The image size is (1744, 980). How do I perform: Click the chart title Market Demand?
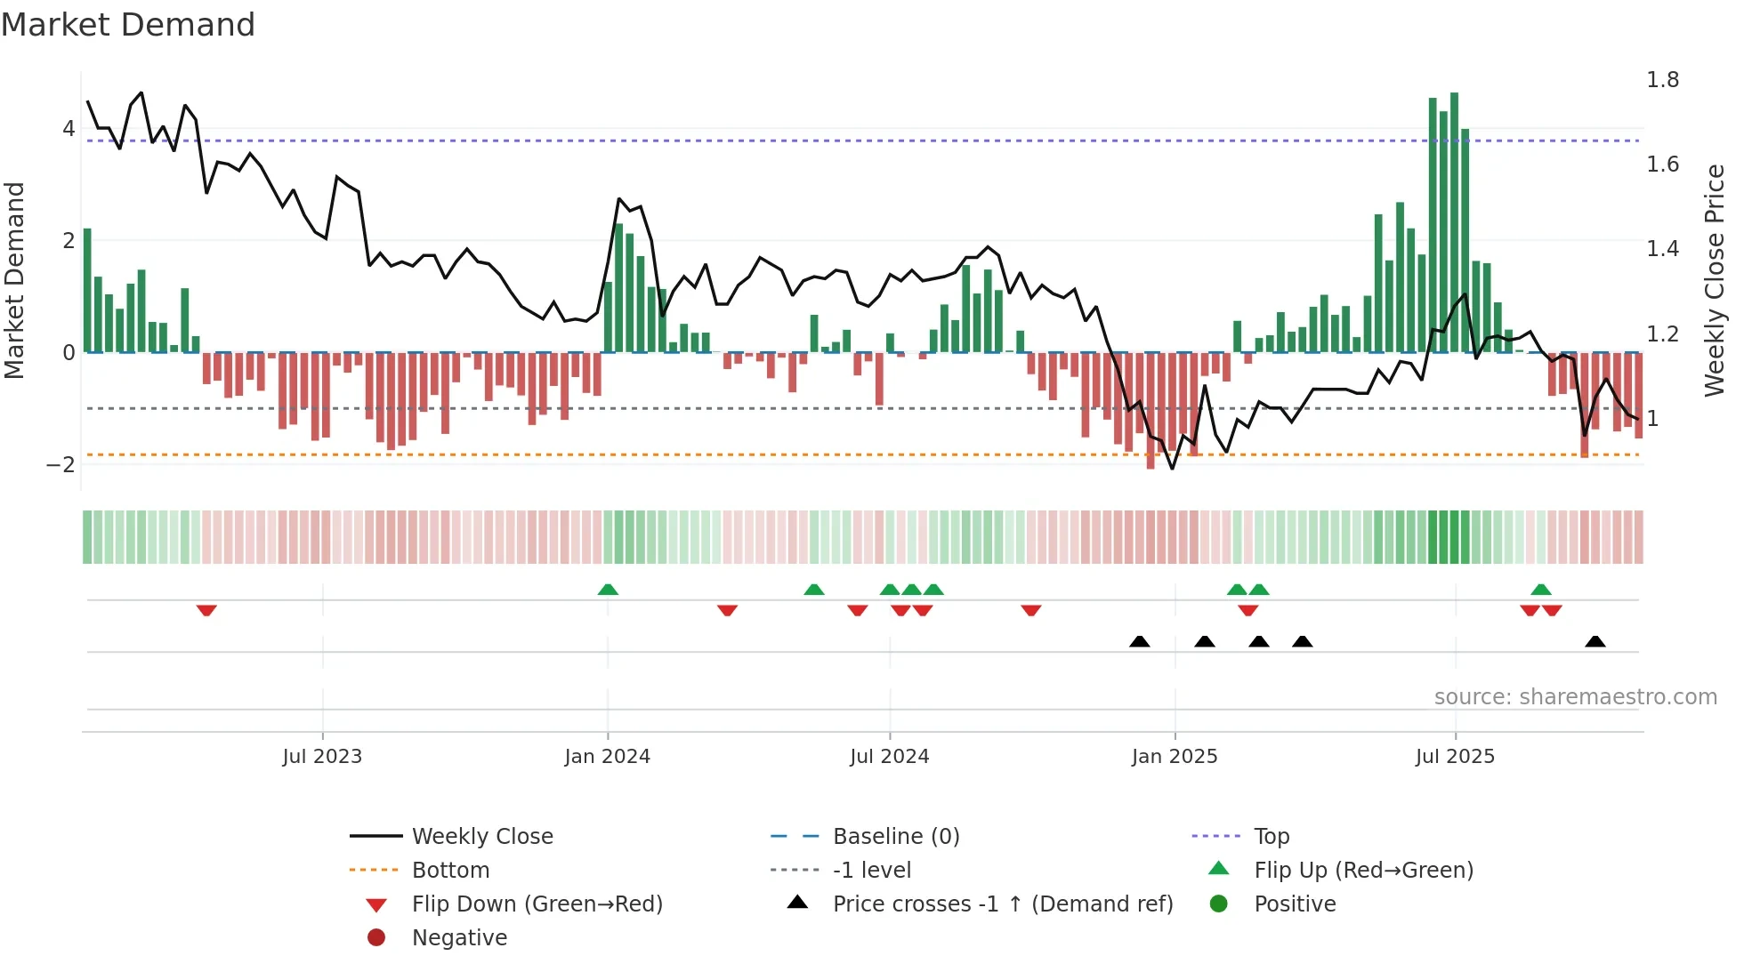pyautogui.click(x=128, y=25)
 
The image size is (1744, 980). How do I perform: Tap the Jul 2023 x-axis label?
pyautogui.click(x=322, y=757)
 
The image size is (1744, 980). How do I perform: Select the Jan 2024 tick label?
pyautogui.click(x=607, y=757)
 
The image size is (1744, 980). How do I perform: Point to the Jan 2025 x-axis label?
pyautogui.click(x=1174, y=757)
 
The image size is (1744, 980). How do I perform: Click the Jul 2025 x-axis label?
pyautogui.click(x=1455, y=757)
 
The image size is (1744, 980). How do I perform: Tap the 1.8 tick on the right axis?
pyautogui.click(x=1662, y=80)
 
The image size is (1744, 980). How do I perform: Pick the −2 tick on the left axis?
pyautogui.click(x=61, y=464)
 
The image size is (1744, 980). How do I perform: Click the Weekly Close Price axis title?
pyautogui.click(x=1714, y=280)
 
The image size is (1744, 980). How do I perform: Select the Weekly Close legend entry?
pyautogui.click(x=481, y=837)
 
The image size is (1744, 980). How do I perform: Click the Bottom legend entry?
pyautogui.click(x=450, y=871)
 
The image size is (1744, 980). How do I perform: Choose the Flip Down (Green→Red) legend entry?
pyautogui.click(x=537, y=904)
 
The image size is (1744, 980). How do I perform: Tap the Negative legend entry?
pyautogui.click(x=459, y=938)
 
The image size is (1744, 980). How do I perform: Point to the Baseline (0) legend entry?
pyautogui.click(x=895, y=837)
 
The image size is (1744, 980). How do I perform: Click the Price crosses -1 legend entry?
pyautogui.click(x=1002, y=904)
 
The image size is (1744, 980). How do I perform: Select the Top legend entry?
pyautogui.click(x=1271, y=837)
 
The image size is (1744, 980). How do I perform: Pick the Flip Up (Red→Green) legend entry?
pyautogui.click(x=1363, y=871)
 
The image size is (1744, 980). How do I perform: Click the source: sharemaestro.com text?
pyautogui.click(x=1575, y=697)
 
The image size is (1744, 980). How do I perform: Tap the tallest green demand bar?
pyautogui.click(x=1454, y=222)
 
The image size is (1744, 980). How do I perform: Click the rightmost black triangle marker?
pyautogui.click(x=1595, y=641)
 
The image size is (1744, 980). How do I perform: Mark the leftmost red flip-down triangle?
pyautogui.click(x=206, y=610)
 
